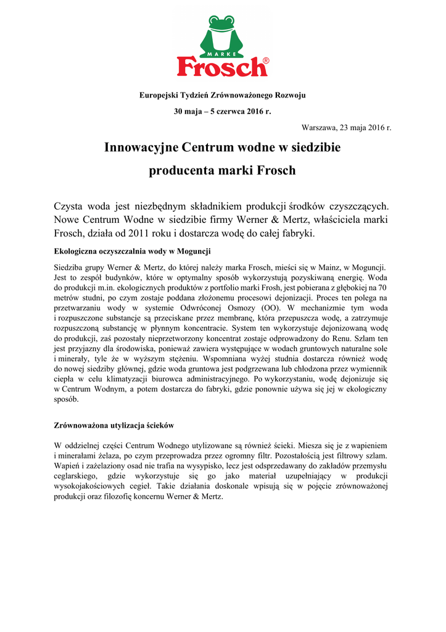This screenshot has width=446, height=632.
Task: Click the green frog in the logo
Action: (222, 34)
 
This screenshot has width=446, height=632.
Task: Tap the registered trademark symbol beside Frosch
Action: (266, 61)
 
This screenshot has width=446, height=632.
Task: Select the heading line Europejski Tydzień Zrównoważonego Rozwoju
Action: (222, 95)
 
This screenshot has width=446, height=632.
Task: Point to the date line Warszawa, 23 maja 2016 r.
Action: (346, 127)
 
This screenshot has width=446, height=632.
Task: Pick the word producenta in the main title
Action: (179, 170)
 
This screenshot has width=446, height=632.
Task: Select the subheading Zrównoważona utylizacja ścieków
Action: (115, 426)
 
